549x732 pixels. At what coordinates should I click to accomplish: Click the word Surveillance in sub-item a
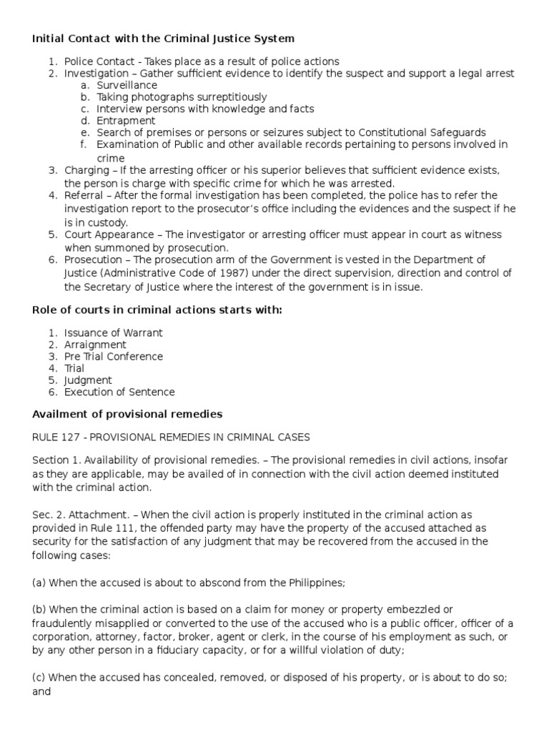click(127, 85)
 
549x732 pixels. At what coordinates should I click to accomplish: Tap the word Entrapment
click(126, 121)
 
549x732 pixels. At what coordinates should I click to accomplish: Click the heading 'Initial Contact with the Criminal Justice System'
click(163, 38)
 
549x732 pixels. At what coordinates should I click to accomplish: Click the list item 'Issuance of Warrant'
click(113, 332)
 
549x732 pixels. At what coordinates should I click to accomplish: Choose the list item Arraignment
click(95, 345)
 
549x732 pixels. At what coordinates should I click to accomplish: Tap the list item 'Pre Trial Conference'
click(113, 357)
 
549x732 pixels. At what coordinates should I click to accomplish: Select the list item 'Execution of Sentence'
click(119, 392)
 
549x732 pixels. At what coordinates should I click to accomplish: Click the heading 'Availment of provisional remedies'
click(127, 415)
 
